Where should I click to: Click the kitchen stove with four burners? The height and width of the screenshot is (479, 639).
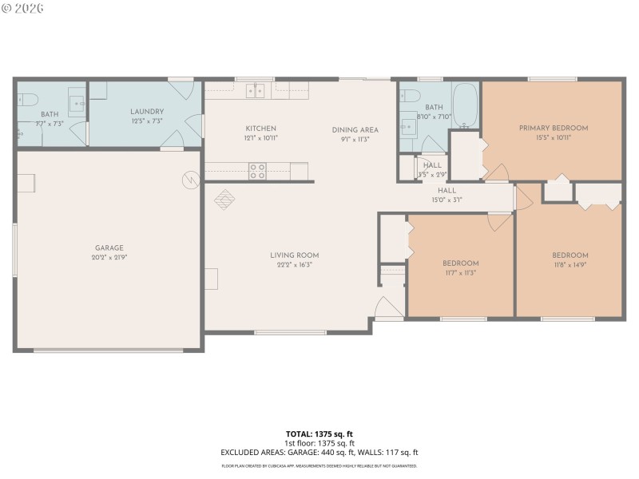pyautogui.click(x=257, y=170)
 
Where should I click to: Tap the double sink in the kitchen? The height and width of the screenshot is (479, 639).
pyautogui.click(x=256, y=92)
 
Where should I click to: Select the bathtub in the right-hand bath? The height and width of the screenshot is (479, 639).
pyautogui.click(x=465, y=104)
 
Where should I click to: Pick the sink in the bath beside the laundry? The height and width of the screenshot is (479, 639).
pyautogui.click(x=77, y=102)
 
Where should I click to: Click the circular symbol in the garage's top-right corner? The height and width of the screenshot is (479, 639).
pyautogui.click(x=190, y=180)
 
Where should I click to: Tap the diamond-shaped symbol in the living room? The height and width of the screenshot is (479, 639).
pyautogui.click(x=224, y=198)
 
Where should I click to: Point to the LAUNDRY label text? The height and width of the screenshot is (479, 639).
pyautogui.click(x=147, y=112)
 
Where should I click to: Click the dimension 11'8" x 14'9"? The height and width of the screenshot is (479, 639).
pyautogui.click(x=570, y=265)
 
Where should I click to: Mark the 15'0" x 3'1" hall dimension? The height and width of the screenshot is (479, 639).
pyautogui.click(x=447, y=200)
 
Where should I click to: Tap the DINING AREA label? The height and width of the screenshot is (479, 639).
pyautogui.click(x=355, y=129)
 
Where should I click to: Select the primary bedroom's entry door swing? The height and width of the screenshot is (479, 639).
pyautogui.click(x=497, y=172)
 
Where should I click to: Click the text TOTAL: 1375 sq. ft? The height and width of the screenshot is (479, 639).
pyautogui.click(x=319, y=434)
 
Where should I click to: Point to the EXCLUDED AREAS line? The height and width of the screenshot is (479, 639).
pyautogui.click(x=319, y=452)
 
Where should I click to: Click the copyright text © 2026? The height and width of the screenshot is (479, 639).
pyautogui.click(x=23, y=8)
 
